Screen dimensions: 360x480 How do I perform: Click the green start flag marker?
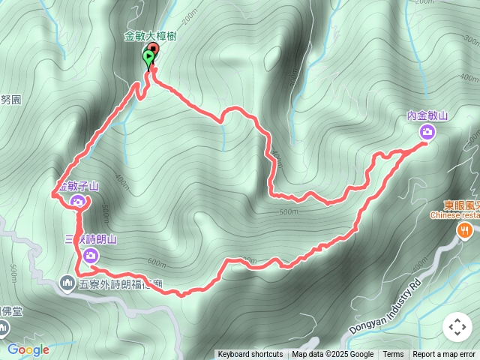point(148,57)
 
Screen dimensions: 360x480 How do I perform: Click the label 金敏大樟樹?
point(150,35)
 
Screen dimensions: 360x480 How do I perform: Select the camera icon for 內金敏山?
point(427,132)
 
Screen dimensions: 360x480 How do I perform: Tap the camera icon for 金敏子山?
point(78,201)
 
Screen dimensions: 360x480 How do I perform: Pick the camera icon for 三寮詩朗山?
point(91,256)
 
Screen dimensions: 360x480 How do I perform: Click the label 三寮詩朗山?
point(90,239)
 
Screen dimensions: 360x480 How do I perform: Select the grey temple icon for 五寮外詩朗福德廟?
point(66,283)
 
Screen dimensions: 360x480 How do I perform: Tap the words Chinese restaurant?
point(454,215)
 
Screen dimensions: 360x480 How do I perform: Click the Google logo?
point(28,349)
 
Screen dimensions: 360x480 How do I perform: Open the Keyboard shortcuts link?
point(250,355)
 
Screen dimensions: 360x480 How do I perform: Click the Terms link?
point(393,355)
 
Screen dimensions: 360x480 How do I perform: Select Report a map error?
point(444,355)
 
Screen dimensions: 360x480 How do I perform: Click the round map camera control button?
point(457,327)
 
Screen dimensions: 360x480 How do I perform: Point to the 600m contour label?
point(157,262)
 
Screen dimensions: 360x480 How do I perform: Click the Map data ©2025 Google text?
point(332,355)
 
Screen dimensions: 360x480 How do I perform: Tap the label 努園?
point(10,98)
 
